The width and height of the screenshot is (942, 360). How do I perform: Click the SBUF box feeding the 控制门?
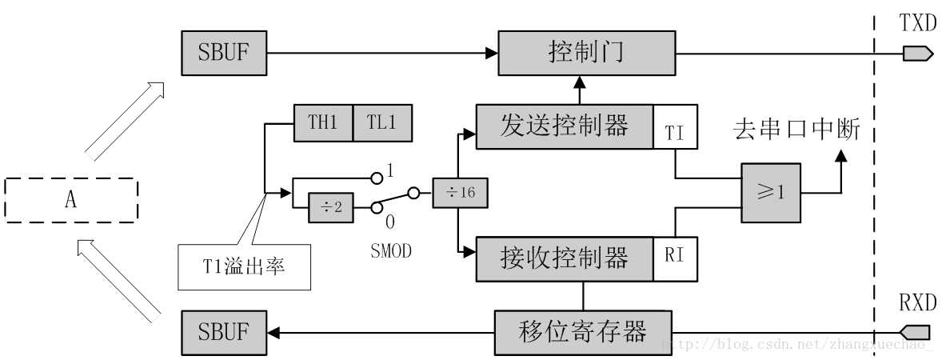(x=224, y=53)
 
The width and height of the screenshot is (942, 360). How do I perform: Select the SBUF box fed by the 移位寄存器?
(x=224, y=332)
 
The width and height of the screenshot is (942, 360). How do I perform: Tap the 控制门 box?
(x=587, y=53)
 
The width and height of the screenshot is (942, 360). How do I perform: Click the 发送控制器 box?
(x=565, y=126)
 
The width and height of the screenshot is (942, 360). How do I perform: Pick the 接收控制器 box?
(x=565, y=259)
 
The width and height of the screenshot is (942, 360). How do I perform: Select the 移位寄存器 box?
(x=583, y=332)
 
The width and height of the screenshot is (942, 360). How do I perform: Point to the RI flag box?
(x=675, y=259)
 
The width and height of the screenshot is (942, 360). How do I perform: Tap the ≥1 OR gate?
(x=771, y=193)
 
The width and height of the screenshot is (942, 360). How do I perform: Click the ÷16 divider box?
(x=459, y=193)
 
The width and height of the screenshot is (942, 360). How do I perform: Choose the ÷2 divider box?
(x=330, y=207)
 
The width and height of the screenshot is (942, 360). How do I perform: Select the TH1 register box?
(x=323, y=123)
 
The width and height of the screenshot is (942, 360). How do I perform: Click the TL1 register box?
(x=383, y=123)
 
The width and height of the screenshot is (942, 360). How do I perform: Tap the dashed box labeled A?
(x=71, y=200)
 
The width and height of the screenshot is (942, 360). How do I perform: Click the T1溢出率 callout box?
(x=245, y=267)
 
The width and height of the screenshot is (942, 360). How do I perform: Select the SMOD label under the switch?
(x=391, y=250)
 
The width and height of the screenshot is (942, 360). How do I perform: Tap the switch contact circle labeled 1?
(x=377, y=178)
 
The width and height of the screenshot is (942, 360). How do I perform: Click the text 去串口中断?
(x=796, y=130)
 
